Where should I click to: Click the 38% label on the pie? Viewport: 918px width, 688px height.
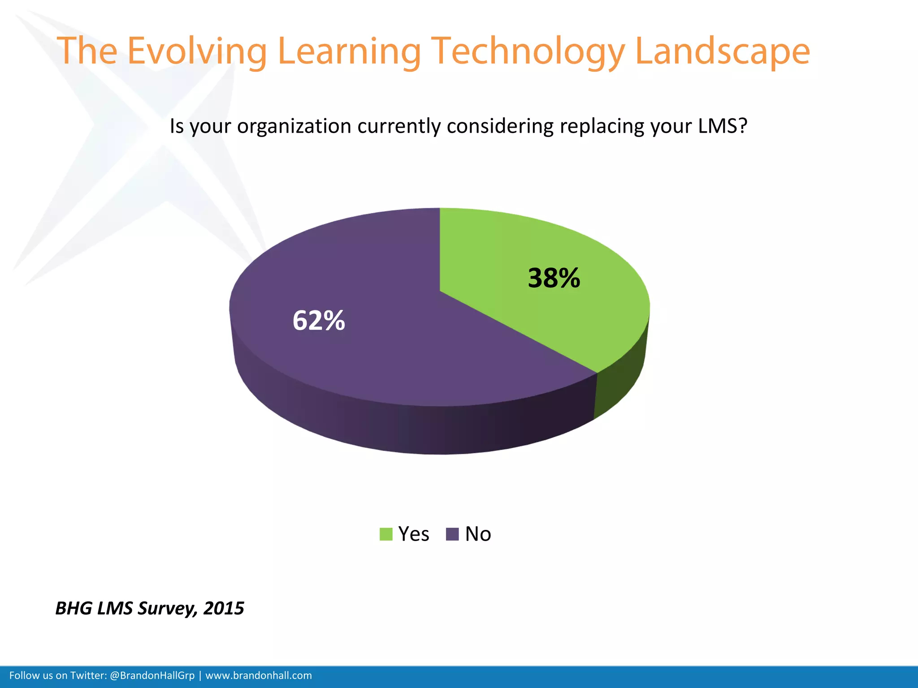pos(554,278)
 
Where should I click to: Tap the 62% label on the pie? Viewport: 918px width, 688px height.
pos(319,321)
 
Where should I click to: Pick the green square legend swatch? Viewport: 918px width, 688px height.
pos(386,534)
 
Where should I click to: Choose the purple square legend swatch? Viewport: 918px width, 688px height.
pos(452,534)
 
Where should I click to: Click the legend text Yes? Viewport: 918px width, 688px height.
pos(414,534)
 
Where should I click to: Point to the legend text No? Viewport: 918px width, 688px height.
pos(478,534)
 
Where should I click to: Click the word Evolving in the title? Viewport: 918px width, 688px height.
pos(197,51)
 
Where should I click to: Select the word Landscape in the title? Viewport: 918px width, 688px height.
pos(723,51)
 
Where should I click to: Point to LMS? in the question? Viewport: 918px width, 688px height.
pos(723,126)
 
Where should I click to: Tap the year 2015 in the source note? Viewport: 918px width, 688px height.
pos(224,608)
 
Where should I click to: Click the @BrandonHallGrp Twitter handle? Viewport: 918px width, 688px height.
pos(152,675)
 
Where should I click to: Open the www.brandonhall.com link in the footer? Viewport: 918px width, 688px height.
pos(259,675)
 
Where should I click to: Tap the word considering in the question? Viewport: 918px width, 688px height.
pos(500,126)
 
